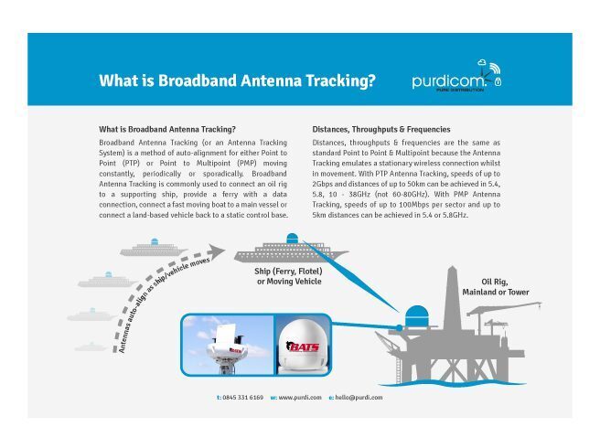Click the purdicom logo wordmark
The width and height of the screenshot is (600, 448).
click(x=448, y=80)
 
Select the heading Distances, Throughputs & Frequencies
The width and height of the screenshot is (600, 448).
click(x=381, y=129)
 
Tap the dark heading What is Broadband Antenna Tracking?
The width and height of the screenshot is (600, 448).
click(x=167, y=129)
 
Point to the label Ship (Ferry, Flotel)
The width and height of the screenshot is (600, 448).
click(x=288, y=272)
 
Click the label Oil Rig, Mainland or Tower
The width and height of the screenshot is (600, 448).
click(x=495, y=287)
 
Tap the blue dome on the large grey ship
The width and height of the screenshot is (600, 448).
click(x=292, y=238)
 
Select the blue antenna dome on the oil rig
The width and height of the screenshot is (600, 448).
click(x=416, y=315)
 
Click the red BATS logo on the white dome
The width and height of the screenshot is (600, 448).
click(x=303, y=347)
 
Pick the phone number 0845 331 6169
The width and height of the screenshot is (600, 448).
click(x=242, y=398)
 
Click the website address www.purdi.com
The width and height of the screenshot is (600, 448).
click(x=300, y=398)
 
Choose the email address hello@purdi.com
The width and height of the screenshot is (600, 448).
click(x=359, y=398)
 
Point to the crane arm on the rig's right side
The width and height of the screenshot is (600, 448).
click(x=504, y=307)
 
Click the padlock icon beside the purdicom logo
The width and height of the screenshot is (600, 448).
click(x=498, y=81)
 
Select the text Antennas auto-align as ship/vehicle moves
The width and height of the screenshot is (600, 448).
click(x=164, y=305)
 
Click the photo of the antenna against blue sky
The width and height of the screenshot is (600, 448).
click(x=228, y=345)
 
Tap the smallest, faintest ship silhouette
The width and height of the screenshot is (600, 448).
click(x=91, y=347)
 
